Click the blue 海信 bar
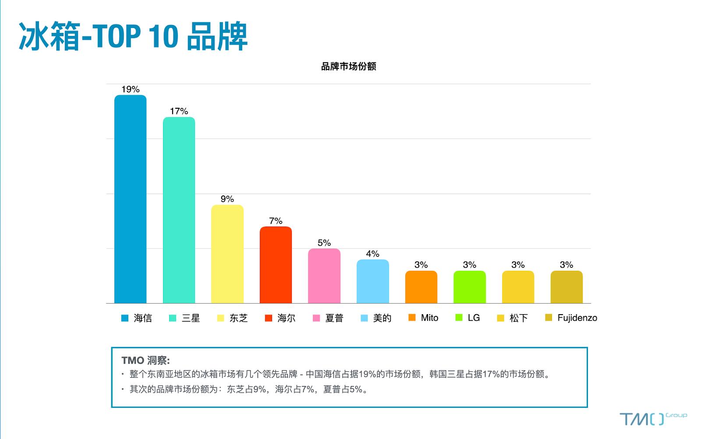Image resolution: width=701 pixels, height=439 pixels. tap(130, 199)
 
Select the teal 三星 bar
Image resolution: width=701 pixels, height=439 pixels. tap(179, 210)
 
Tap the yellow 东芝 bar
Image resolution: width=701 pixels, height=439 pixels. tap(227, 254)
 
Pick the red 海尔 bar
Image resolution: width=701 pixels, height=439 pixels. tap(276, 265)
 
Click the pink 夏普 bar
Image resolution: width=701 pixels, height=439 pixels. tap(324, 276)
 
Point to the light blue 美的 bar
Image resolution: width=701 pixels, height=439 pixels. tap(372, 281)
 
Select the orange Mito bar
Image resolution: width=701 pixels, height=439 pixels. tap(421, 287)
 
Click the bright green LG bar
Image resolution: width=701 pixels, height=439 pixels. tap(469, 287)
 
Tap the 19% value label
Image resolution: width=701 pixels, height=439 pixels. tap(130, 89)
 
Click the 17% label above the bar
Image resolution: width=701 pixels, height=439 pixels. tap(179, 111)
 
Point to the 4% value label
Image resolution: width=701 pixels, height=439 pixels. tap(372, 254)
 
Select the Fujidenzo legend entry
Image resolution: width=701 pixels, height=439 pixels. tap(571, 318)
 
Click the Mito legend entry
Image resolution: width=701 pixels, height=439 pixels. tap(424, 318)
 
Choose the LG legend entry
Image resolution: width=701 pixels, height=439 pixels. tap(468, 318)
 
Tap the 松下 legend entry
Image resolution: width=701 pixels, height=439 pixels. tap(513, 318)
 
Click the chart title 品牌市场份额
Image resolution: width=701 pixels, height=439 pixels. tap(348, 67)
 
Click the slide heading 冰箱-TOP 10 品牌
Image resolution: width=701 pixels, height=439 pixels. tap(133, 36)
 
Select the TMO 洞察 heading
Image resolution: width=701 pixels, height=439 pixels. tap(145, 360)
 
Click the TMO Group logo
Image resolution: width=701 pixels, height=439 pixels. tap(653, 419)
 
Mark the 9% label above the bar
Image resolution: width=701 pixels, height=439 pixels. tap(227, 199)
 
